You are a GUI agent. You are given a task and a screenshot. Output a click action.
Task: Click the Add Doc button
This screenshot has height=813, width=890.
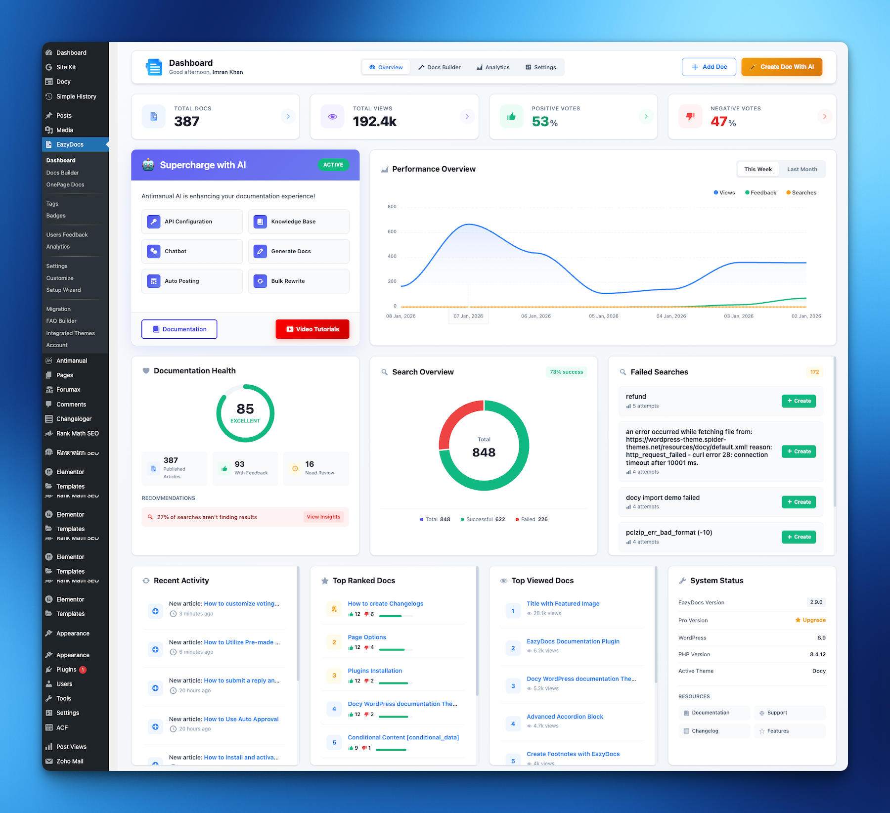click(709, 67)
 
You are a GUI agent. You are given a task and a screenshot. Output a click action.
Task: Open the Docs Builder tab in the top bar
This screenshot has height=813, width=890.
click(439, 67)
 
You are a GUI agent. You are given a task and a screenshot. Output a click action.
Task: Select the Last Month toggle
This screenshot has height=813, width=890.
click(801, 169)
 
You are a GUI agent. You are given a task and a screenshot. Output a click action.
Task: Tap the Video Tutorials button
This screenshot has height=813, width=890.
click(312, 329)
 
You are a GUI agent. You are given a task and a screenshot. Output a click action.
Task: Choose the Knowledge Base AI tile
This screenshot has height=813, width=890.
click(298, 222)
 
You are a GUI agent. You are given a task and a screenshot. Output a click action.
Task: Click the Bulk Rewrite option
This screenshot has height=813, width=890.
click(298, 281)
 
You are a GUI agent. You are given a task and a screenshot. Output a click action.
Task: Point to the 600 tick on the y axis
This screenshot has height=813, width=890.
click(392, 231)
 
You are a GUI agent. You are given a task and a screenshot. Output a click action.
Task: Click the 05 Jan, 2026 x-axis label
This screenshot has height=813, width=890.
click(603, 316)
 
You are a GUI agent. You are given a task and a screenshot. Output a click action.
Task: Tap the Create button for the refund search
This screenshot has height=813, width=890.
click(799, 401)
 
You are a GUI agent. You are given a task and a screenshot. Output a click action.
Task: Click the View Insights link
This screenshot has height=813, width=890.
click(323, 517)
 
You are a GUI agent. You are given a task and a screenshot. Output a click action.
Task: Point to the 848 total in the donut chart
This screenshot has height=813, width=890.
click(484, 452)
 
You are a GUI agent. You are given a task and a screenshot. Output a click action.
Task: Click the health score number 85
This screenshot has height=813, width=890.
click(245, 409)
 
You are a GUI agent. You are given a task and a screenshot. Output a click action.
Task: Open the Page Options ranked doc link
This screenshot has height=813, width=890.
click(367, 637)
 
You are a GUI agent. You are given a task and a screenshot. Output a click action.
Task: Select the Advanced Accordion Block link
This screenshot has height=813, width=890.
click(565, 717)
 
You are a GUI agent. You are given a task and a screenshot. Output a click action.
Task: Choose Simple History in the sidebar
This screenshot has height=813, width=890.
click(76, 96)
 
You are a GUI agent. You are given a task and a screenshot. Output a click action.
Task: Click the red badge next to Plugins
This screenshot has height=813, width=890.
click(83, 670)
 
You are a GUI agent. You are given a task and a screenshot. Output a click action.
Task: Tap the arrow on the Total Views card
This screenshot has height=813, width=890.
click(467, 116)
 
